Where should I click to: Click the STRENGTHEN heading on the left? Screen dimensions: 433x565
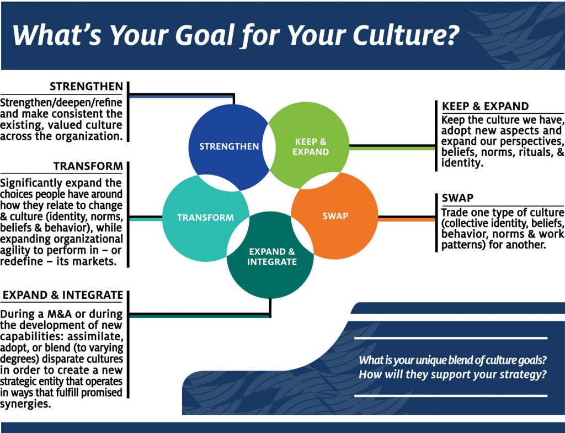point(86,87)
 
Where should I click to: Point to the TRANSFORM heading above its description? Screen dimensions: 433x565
point(88,166)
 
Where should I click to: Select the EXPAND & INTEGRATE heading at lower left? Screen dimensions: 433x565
point(63,295)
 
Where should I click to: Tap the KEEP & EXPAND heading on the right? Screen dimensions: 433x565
point(486,107)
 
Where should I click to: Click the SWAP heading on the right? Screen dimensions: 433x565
point(457,198)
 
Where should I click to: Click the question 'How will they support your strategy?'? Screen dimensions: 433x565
point(452,374)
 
